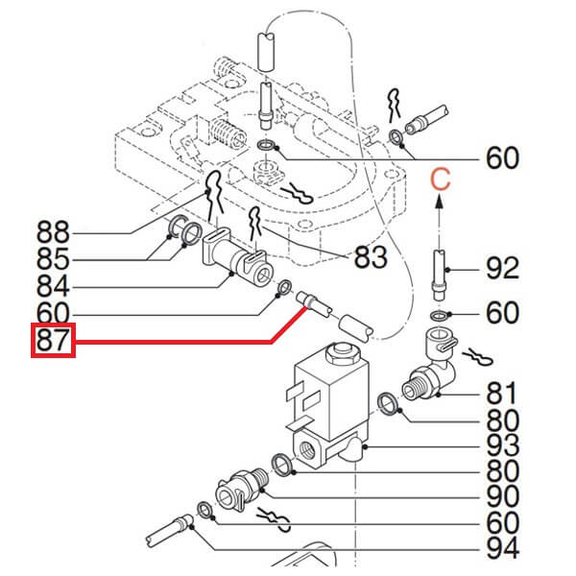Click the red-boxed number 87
(53, 342)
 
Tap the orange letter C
(439, 179)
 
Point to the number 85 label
(52, 260)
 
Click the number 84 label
(52, 287)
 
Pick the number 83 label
(371, 257)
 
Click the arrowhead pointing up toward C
(439, 201)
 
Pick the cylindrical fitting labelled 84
(236, 259)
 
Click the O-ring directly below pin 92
(438, 316)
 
